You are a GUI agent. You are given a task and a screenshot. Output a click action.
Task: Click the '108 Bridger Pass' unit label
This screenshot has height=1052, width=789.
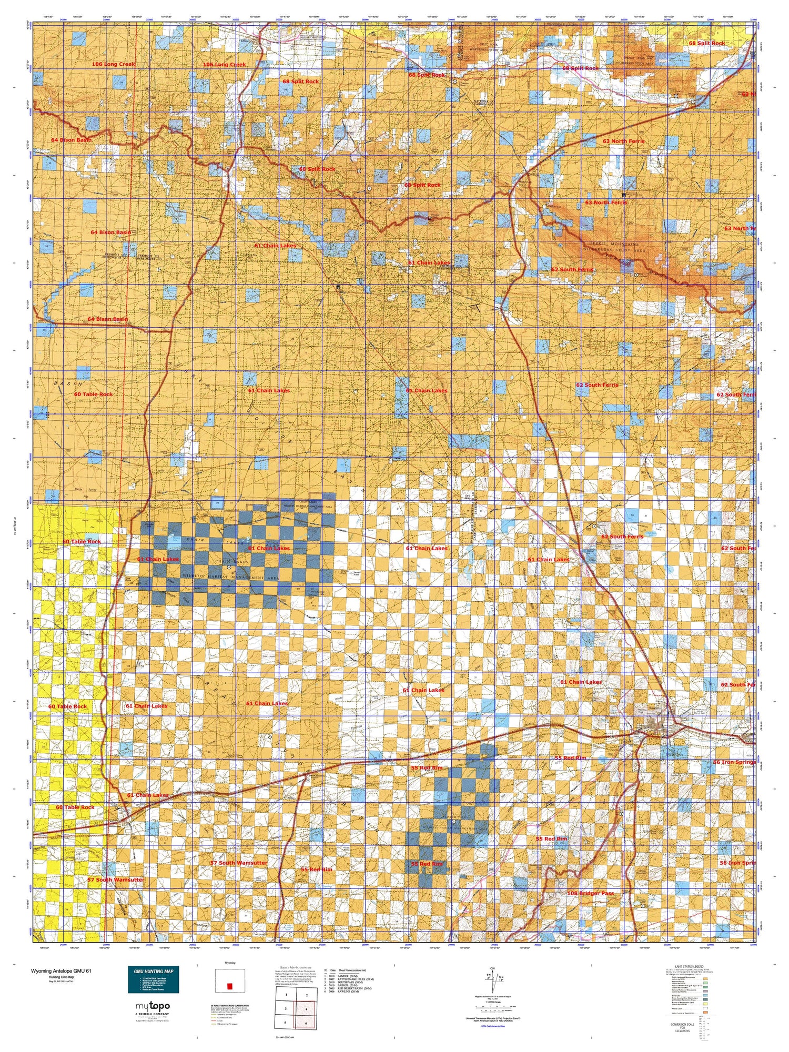590,893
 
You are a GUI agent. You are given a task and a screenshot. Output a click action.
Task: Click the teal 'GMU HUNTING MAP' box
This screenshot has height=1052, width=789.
153,979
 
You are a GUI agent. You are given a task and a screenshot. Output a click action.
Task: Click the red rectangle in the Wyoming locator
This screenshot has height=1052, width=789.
229,986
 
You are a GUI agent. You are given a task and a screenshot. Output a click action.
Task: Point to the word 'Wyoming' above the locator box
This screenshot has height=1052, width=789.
230,963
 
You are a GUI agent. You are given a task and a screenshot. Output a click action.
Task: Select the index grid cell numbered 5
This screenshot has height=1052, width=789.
286,1023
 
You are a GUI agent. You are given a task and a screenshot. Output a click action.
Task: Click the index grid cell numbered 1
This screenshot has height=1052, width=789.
286,995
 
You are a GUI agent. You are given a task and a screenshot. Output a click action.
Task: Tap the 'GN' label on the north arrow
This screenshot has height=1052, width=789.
492,969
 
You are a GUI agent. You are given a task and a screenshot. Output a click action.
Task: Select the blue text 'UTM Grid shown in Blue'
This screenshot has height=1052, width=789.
492,1027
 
